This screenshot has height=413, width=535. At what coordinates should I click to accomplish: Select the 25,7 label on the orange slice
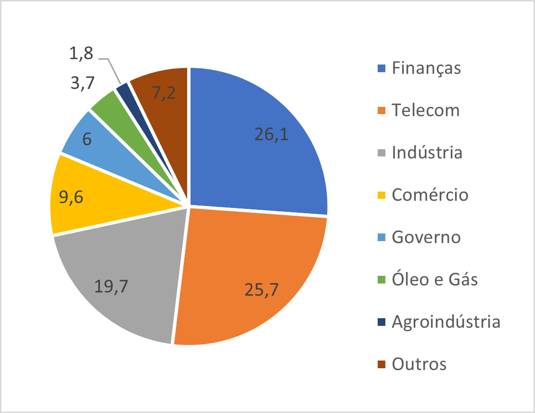click(x=263, y=290)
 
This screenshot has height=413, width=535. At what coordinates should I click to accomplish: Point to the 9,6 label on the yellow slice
click(x=71, y=198)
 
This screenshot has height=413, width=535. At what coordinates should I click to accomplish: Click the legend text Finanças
click(x=426, y=68)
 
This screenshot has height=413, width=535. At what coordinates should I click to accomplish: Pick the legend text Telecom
click(x=426, y=110)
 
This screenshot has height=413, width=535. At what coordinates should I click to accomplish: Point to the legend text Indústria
click(x=427, y=153)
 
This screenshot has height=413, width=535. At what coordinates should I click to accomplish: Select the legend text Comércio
click(x=430, y=195)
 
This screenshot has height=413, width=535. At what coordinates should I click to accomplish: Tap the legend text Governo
click(x=426, y=237)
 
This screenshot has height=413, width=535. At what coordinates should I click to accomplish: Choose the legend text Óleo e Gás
click(x=435, y=279)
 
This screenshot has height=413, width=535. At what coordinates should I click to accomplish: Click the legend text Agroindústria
click(x=446, y=322)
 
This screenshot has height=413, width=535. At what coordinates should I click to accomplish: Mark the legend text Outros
click(x=419, y=364)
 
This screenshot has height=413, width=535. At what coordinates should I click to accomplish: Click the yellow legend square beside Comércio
click(x=382, y=195)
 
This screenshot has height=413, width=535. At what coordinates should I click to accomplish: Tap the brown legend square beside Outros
click(x=382, y=364)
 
